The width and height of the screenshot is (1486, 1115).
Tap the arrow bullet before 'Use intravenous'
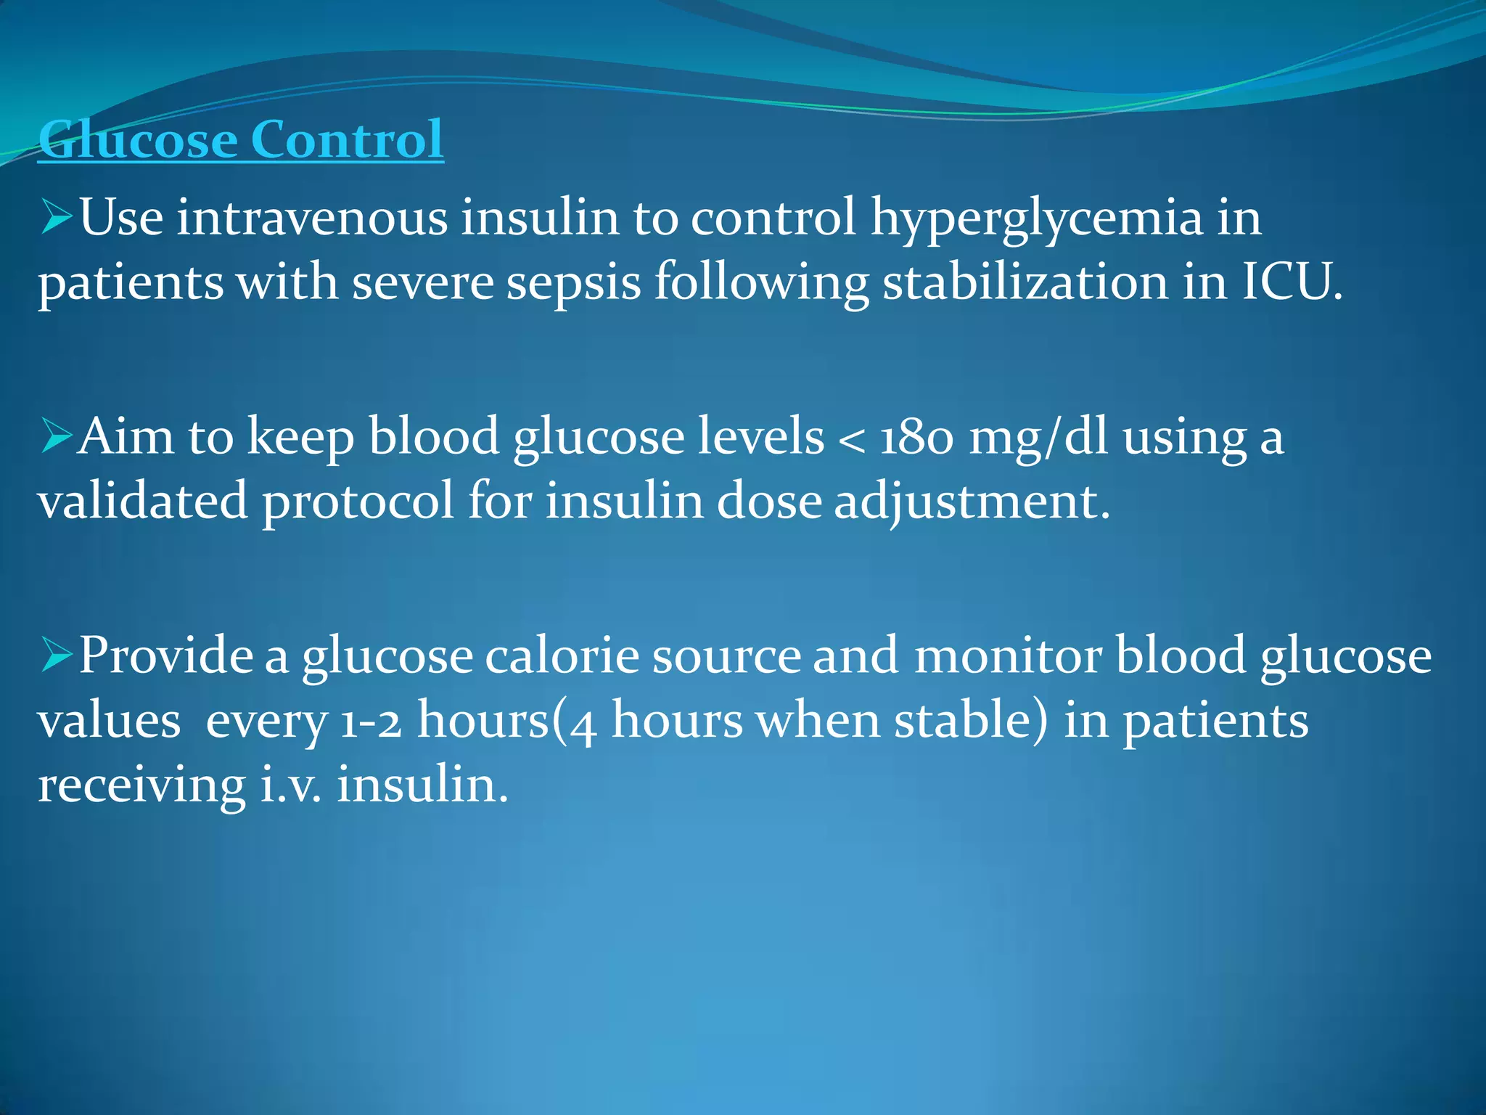point(57,218)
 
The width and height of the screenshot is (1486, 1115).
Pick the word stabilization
point(1025,282)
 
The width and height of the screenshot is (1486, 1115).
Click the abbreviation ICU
point(1292,282)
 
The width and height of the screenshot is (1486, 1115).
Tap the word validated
point(143,501)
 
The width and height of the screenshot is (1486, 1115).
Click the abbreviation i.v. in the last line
point(290,785)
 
